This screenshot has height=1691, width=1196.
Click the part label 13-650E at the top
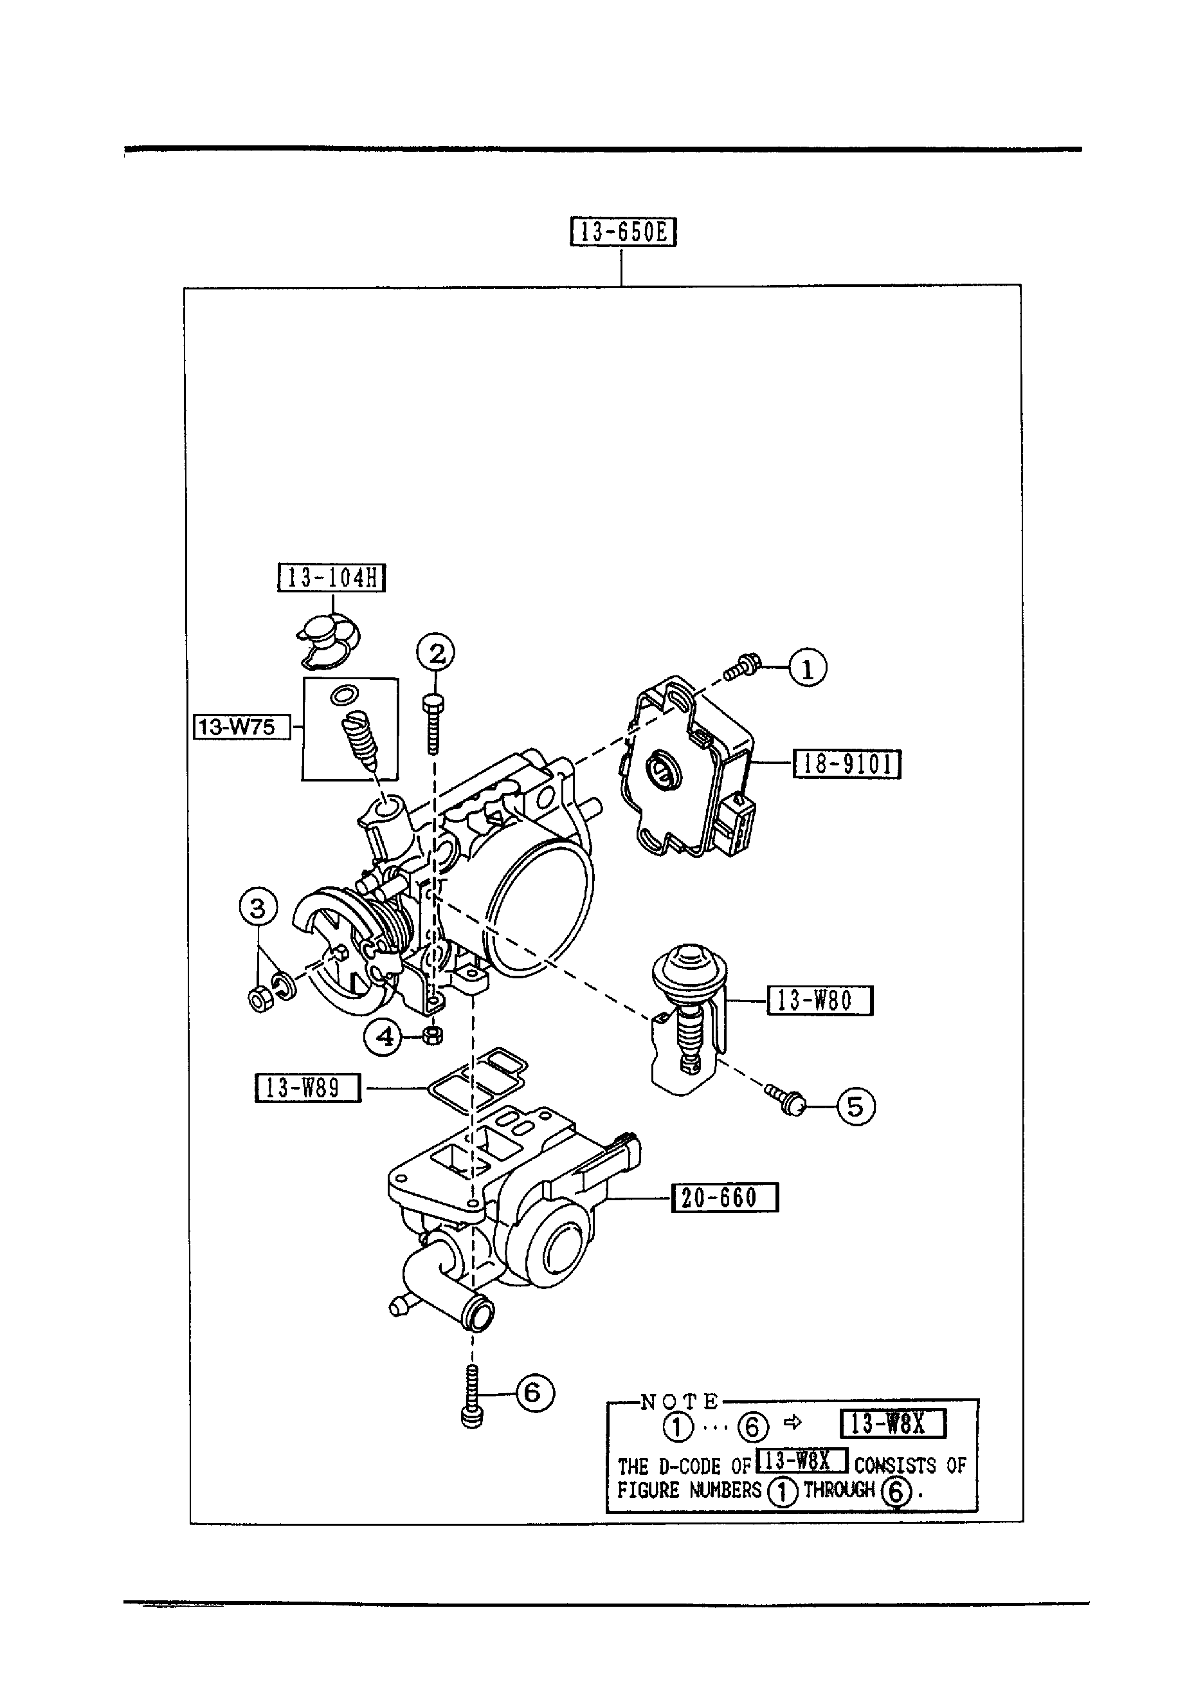[623, 232]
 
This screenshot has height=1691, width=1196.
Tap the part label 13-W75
[242, 727]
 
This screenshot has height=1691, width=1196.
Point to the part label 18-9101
[847, 763]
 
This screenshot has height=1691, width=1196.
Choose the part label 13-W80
[820, 1001]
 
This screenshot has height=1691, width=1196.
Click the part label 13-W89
[307, 1087]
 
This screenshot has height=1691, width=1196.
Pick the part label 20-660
[725, 1197]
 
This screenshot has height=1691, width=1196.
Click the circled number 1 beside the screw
[808, 669]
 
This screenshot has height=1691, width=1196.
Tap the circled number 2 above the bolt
[436, 653]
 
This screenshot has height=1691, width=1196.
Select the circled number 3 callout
[258, 908]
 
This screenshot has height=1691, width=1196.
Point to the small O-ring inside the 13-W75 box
[344, 695]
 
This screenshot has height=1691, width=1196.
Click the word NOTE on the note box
[679, 1400]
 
